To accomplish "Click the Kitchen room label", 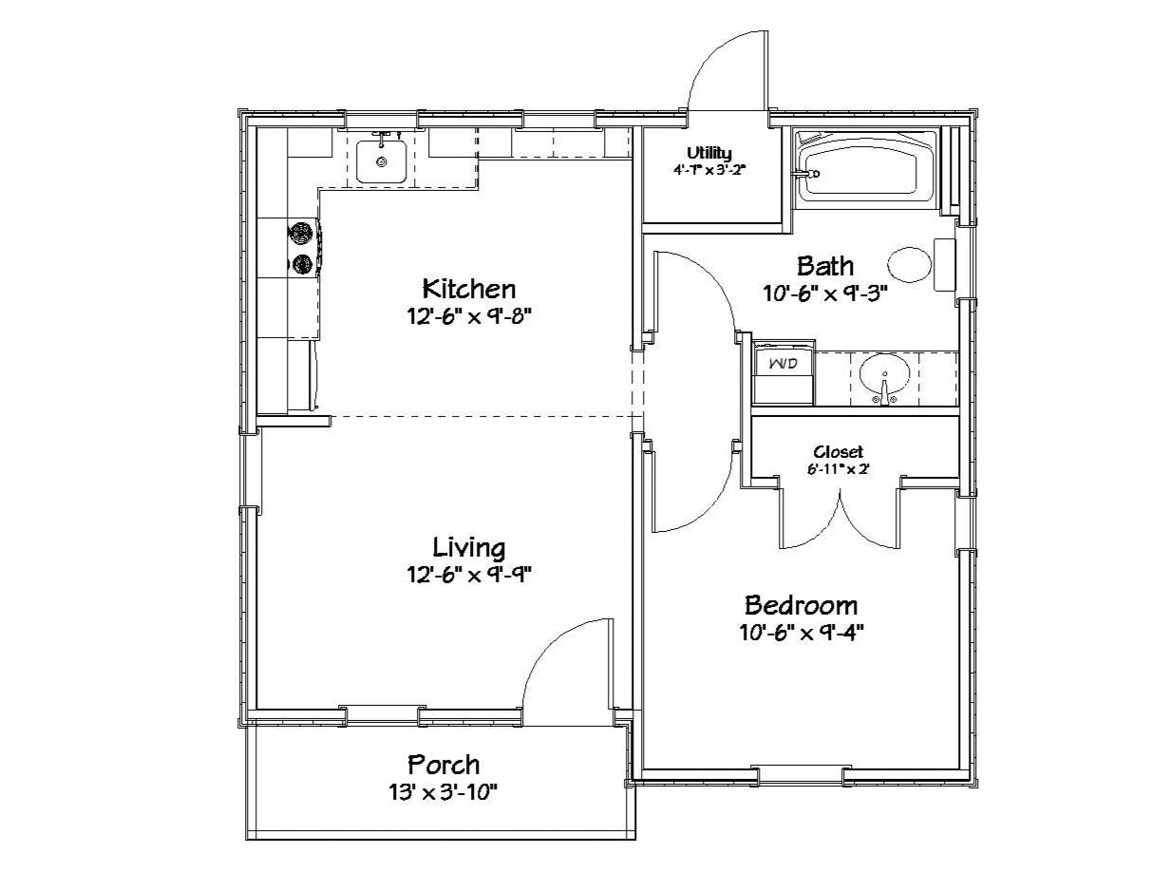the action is tap(469, 290).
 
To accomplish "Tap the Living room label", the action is tap(469, 548).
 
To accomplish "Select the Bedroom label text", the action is tap(802, 605).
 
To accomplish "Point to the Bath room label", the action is tap(825, 266).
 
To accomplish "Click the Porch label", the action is tap(443, 766).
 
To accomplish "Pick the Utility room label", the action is tap(708, 154).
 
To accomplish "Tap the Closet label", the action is tap(838, 452).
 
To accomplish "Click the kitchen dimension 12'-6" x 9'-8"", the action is tap(469, 316).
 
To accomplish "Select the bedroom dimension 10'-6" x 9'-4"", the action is tap(802, 633).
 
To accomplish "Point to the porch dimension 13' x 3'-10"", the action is tap(443, 793).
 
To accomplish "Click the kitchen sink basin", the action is tap(382, 161).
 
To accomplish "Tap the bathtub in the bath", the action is tap(867, 173).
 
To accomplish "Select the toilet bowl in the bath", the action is tap(910, 265).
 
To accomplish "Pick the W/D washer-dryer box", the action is tap(783, 372).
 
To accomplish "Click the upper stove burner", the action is tap(299, 233).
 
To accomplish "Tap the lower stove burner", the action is tap(300, 264).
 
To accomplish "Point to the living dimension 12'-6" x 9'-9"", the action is tap(469, 575).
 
